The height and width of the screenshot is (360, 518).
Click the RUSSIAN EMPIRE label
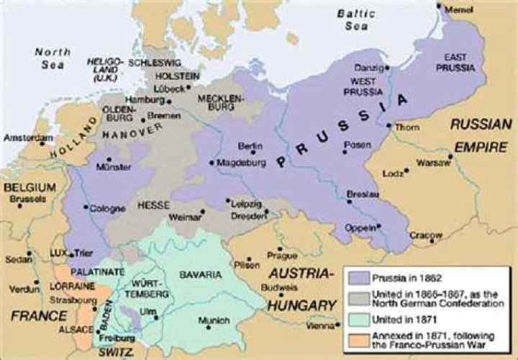point(481,133)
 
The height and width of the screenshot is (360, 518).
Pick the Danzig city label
point(366,68)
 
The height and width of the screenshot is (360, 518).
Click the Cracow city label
point(427,234)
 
